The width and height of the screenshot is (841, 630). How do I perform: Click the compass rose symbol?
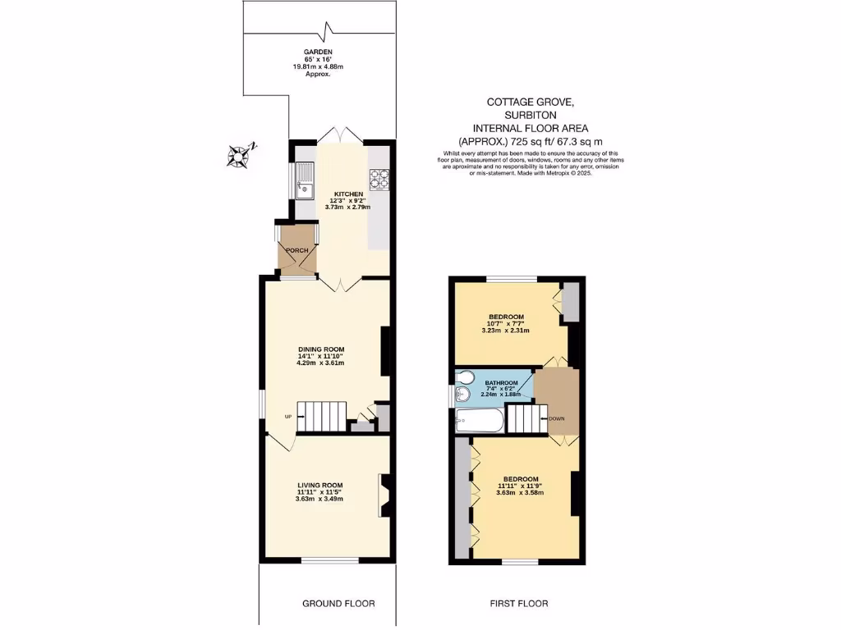241,154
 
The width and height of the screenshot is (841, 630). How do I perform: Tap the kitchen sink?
305,181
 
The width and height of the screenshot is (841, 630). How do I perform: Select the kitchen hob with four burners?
379,179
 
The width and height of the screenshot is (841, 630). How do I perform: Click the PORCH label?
296,250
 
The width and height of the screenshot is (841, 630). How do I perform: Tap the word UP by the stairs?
287,417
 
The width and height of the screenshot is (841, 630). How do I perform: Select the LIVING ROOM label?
320,485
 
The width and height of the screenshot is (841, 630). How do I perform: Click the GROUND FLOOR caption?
338,604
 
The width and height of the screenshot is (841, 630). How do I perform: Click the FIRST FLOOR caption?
519,604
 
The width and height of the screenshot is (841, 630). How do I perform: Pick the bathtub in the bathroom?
477,422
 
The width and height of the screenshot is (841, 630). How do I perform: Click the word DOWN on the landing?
556,418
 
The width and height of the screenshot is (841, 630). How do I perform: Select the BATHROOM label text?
501,383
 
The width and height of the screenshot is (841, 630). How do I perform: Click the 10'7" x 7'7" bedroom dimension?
507,324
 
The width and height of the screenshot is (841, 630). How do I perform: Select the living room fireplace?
383,495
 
